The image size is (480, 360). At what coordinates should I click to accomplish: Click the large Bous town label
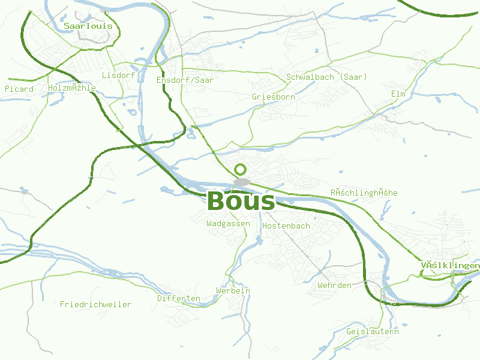click(x=241, y=202)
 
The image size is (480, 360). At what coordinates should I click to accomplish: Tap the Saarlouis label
click(x=88, y=26)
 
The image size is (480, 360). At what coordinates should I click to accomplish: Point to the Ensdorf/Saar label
click(x=185, y=80)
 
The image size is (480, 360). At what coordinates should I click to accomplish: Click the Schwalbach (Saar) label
click(x=326, y=77)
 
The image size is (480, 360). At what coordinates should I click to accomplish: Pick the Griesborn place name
click(x=274, y=97)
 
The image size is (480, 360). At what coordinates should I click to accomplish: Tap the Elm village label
click(x=398, y=94)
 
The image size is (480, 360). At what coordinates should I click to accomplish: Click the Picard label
click(x=19, y=89)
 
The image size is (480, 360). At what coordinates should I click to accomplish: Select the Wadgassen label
click(x=228, y=223)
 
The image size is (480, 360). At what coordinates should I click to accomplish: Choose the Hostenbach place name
click(x=286, y=226)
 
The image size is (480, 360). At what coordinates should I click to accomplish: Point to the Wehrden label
click(x=334, y=285)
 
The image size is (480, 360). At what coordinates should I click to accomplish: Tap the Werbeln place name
click(x=233, y=290)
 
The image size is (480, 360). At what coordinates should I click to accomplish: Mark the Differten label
click(x=179, y=298)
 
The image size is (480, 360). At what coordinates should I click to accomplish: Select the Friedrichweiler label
click(x=95, y=304)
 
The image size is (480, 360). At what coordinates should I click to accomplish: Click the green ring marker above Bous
click(x=241, y=169)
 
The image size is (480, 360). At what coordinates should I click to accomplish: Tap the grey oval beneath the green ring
click(x=242, y=181)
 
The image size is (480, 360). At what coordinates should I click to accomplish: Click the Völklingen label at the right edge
click(x=450, y=265)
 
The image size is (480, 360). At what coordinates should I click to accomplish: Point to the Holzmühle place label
click(x=72, y=88)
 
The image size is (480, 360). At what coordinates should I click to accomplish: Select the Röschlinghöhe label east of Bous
click(x=364, y=193)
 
